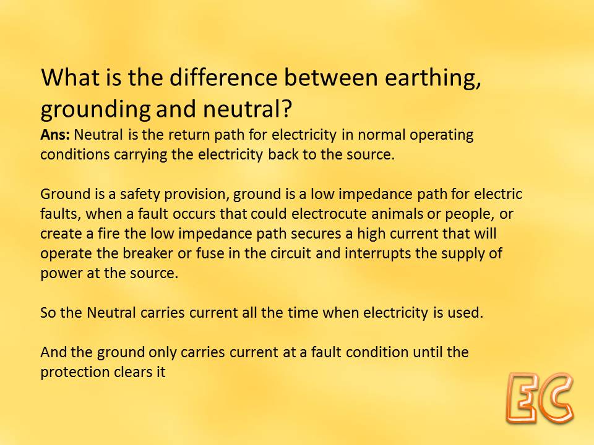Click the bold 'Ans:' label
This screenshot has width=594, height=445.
click(x=56, y=135)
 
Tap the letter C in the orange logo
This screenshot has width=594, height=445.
click(x=557, y=397)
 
